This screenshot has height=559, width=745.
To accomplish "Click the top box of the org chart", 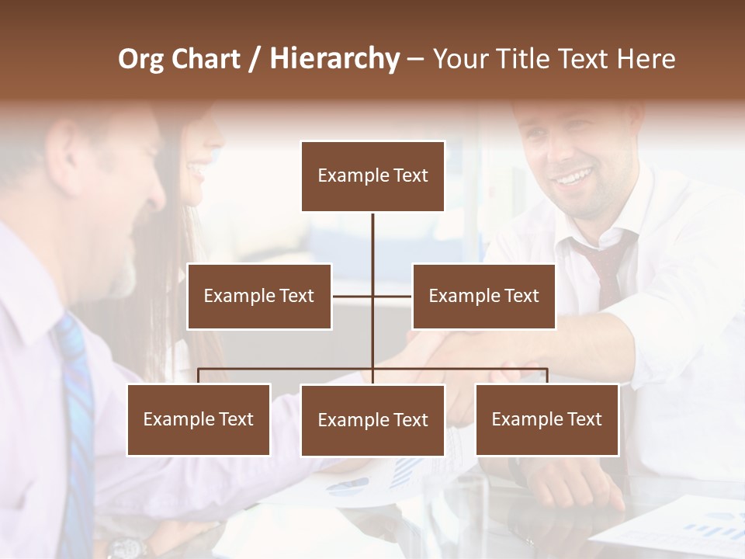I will (x=372, y=176).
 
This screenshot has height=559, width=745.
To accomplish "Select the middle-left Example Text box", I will (x=259, y=296).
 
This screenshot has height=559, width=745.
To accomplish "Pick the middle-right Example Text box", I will (x=483, y=296).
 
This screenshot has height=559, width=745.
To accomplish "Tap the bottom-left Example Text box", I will (x=199, y=419).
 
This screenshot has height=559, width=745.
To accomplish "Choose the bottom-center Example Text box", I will (x=372, y=420).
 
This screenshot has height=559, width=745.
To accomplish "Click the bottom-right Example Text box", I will (x=546, y=419).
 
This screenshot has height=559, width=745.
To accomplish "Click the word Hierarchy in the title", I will (x=334, y=59).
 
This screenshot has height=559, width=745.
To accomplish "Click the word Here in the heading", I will (x=646, y=59).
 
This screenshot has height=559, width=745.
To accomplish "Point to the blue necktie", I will (x=77, y=419).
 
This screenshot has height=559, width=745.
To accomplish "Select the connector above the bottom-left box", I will (x=199, y=376).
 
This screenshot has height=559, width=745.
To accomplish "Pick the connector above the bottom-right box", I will (x=546, y=376).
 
